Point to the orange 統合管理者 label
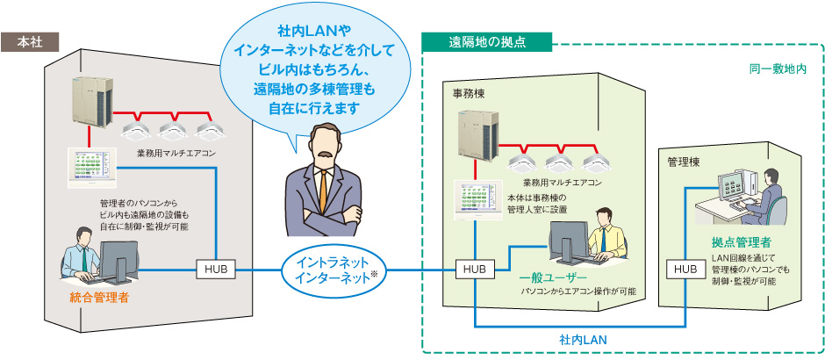pyautogui.click(x=99, y=299)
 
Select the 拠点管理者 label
pyautogui.click(x=742, y=241)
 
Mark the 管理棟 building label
pyautogui.click(x=684, y=162)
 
